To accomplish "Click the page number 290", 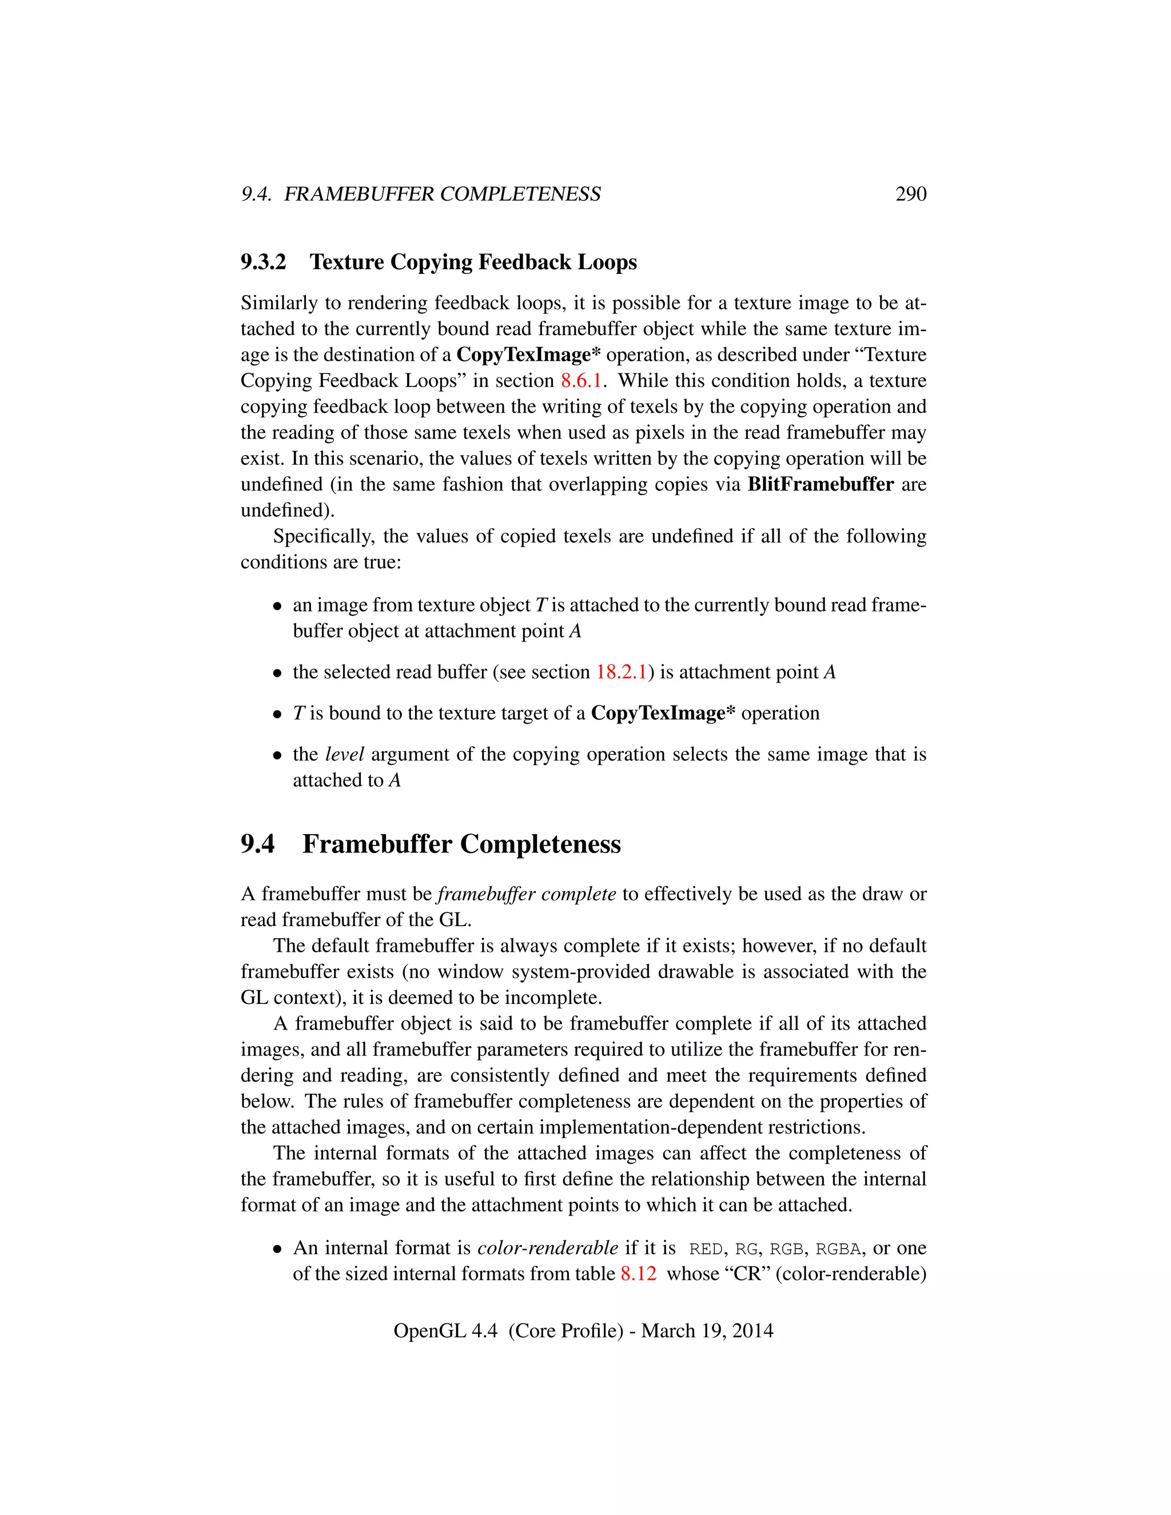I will click(x=910, y=194).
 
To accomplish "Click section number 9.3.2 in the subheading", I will click(x=263, y=262).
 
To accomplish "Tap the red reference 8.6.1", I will click(x=581, y=381).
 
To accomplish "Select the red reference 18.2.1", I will click(x=621, y=672).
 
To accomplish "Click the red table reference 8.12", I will click(x=638, y=1274).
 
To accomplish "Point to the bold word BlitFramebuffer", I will click(x=820, y=484).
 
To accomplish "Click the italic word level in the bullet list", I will click(x=344, y=754).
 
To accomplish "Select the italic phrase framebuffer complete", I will click(x=527, y=894).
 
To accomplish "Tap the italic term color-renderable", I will click(x=547, y=1248).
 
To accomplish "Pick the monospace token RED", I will click(x=706, y=1249).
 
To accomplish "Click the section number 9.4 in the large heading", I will click(x=257, y=844).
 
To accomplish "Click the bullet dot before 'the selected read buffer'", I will click(x=277, y=673).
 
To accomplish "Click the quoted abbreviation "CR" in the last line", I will click(x=747, y=1274).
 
